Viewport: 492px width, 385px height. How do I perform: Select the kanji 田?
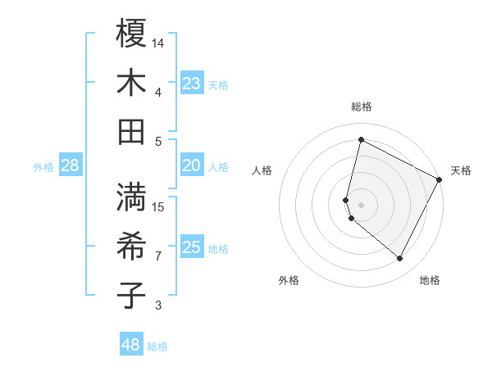131,131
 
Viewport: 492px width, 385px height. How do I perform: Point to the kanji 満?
131,197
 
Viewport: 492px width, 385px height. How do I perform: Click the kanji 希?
131,246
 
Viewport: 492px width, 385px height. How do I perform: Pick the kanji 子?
131,295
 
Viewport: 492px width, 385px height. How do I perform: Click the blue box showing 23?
192,84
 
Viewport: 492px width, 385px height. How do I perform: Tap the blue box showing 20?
192,166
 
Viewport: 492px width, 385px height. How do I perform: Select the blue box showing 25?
192,248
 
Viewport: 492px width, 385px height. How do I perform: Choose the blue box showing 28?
71,166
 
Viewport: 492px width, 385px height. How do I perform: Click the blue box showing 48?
131,345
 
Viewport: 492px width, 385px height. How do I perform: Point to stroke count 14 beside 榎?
158,43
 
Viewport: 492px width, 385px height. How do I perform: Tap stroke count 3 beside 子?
158,306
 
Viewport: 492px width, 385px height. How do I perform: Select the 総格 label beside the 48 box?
157,346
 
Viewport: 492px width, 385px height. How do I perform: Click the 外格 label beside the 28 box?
43,167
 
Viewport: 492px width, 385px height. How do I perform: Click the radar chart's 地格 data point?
400,259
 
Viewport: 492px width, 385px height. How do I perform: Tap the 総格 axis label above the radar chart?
361,106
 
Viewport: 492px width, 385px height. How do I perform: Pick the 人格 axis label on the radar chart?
262,170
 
